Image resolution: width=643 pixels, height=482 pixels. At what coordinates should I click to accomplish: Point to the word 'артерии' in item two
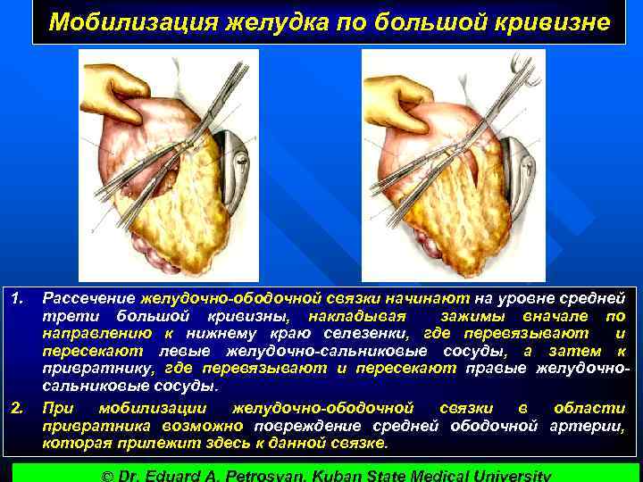592,426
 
